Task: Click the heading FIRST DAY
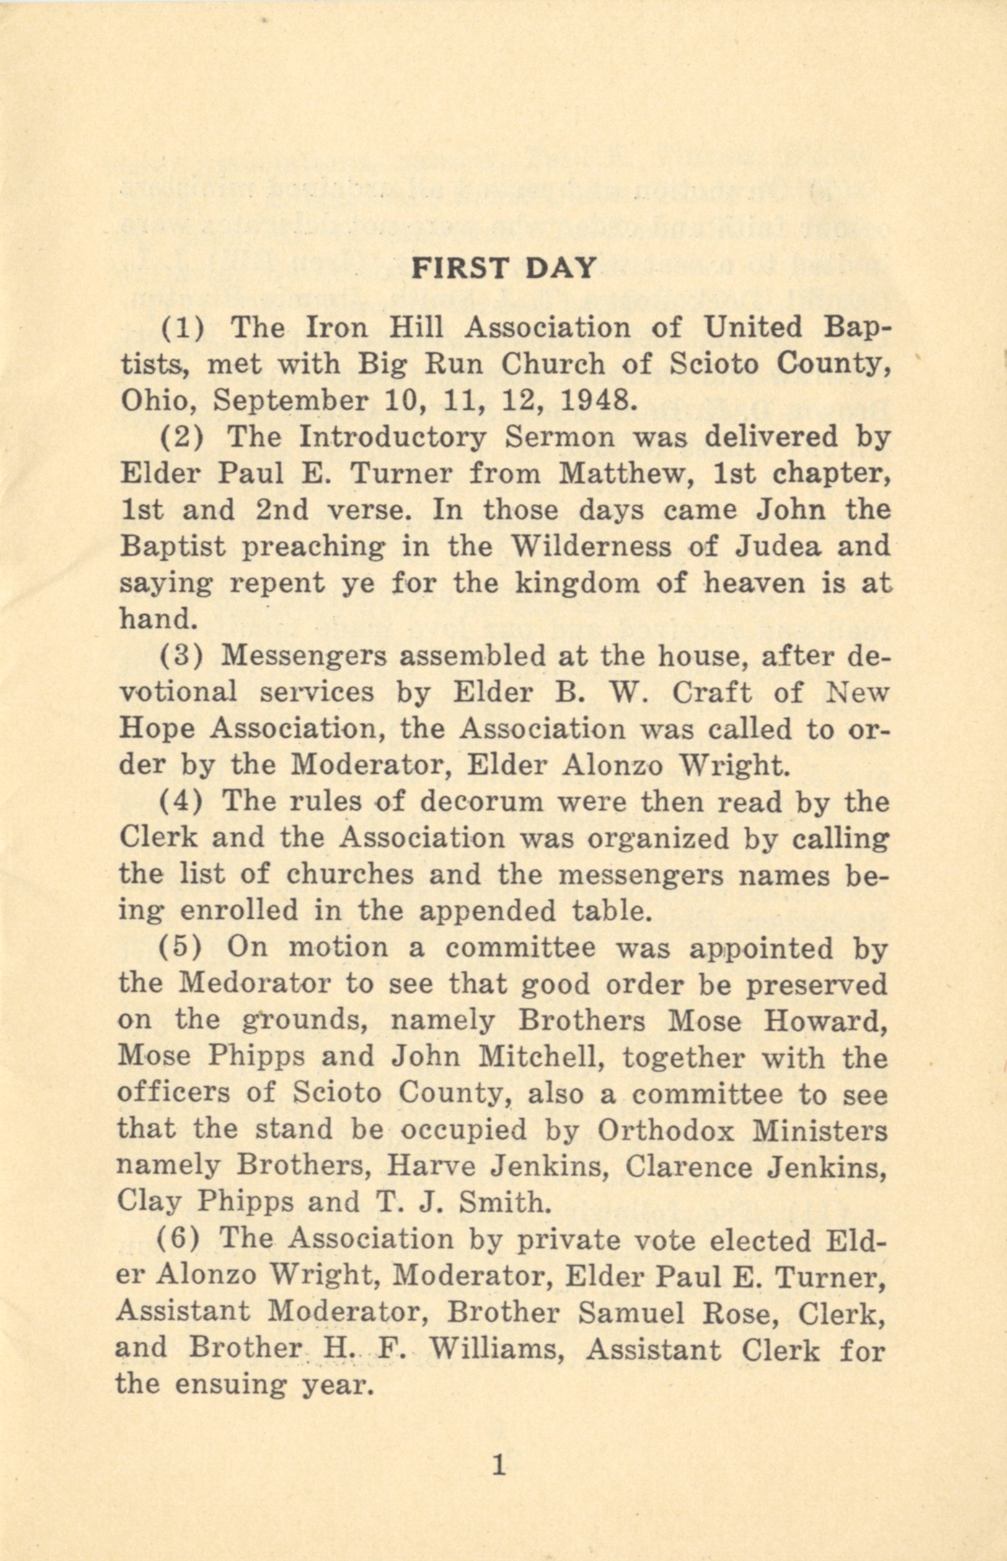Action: coord(503,267)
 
